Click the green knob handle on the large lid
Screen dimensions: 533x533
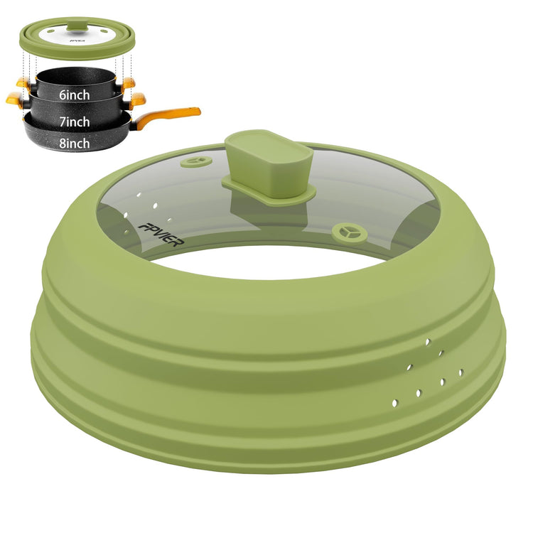click(269, 163)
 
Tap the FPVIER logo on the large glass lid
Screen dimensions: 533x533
click(161, 235)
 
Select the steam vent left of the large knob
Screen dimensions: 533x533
click(196, 161)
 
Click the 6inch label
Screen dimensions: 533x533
click(75, 95)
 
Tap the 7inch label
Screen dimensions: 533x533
click(75, 122)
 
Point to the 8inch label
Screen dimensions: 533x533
click(75, 143)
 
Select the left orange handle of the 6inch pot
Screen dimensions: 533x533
click(23, 82)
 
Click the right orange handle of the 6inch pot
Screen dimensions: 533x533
click(128, 82)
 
